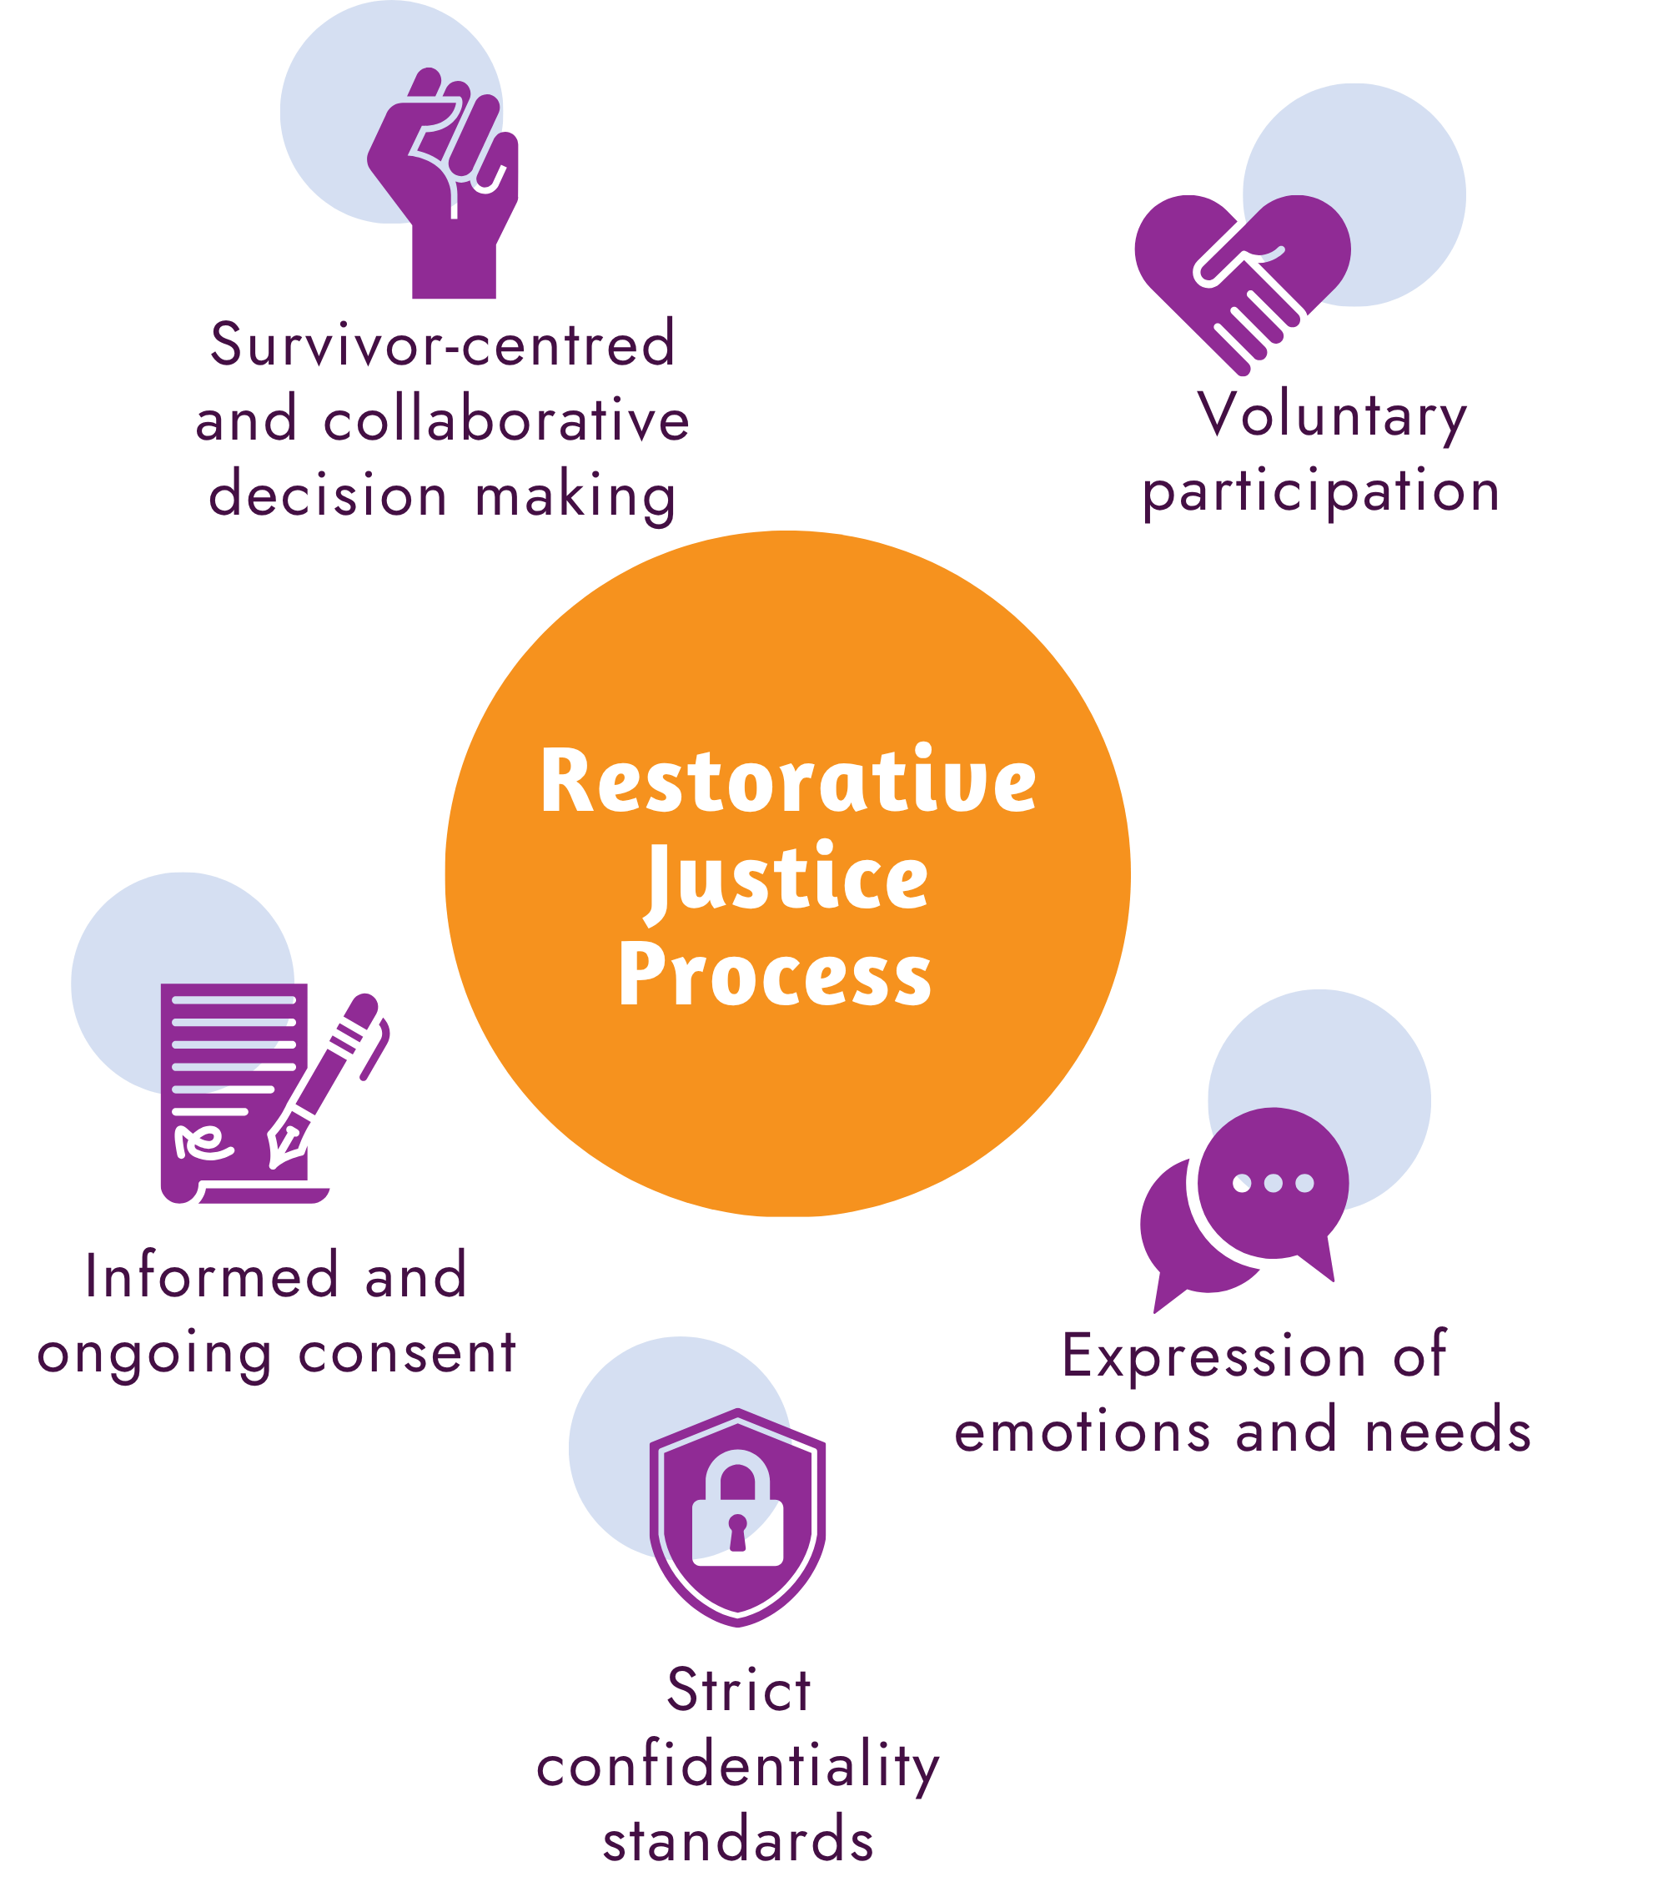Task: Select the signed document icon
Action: coord(231,1094)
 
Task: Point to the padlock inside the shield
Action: coord(737,1512)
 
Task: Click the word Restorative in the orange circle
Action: coord(788,782)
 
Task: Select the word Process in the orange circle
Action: coord(775,975)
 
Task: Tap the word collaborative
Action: coord(506,420)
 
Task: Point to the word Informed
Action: coord(211,1277)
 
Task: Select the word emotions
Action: coord(1082,1432)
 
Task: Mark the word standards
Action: coord(738,1839)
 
